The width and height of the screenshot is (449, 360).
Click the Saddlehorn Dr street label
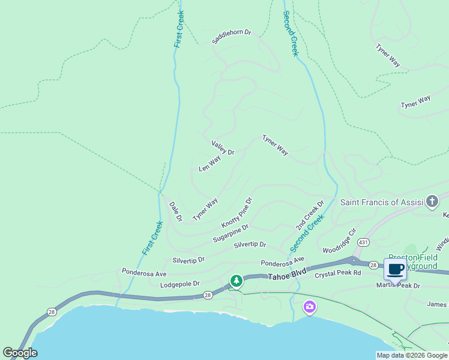231,37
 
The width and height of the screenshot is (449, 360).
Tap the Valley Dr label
223,148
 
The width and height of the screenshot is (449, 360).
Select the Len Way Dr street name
215,162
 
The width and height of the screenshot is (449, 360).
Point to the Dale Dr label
175,211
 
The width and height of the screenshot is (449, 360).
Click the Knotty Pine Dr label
237,212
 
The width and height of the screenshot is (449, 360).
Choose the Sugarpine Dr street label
231,235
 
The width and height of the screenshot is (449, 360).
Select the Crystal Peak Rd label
338,273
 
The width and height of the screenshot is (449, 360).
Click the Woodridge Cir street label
339,240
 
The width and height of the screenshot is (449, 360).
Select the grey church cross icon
432,201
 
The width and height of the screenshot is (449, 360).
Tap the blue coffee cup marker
395,269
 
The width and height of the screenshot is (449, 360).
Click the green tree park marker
237,281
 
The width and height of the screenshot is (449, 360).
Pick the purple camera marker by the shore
310,307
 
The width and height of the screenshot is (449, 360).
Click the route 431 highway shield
363,242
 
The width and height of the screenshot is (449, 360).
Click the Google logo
20,353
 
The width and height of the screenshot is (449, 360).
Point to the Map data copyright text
412,355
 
